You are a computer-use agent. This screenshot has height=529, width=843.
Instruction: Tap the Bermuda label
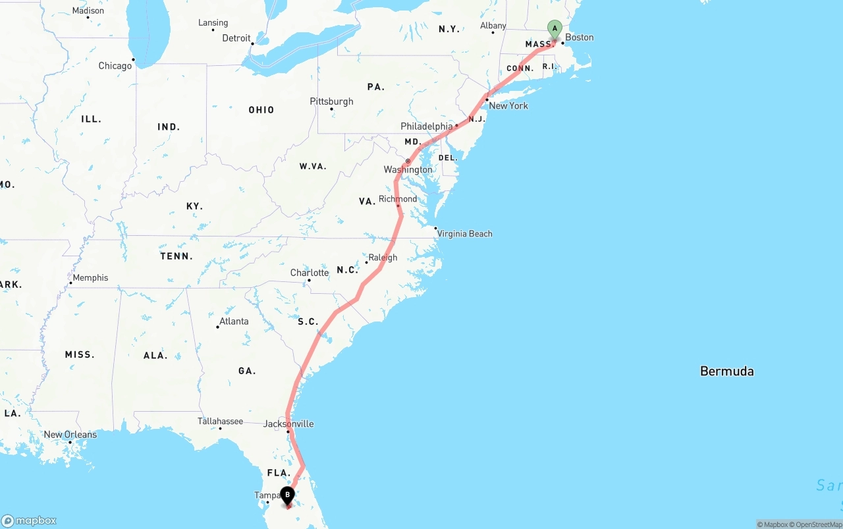(726, 372)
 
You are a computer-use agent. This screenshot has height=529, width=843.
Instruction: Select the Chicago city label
(115, 66)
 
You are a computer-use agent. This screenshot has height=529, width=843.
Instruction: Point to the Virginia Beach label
(464, 234)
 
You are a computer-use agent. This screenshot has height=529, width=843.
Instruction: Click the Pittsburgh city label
(331, 101)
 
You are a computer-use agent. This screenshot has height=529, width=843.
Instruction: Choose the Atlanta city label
(234, 321)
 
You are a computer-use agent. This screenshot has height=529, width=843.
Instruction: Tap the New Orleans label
(70, 435)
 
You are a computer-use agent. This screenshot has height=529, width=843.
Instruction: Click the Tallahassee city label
(220, 422)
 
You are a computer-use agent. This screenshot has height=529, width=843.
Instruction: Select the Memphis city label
(90, 278)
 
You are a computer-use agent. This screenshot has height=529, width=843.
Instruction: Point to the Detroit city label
(236, 38)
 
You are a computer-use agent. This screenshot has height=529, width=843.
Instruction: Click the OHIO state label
(261, 110)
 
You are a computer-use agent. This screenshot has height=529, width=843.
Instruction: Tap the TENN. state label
(177, 256)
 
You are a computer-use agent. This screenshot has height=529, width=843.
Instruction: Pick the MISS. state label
(80, 355)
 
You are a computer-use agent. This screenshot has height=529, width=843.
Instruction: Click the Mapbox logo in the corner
(29, 521)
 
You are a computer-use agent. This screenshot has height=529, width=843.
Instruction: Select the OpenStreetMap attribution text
(817, 524)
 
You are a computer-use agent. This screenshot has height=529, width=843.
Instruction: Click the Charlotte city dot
(309, 281)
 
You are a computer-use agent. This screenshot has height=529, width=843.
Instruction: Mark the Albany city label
(493, 26)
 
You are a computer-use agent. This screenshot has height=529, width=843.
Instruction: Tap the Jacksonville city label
(288, 424)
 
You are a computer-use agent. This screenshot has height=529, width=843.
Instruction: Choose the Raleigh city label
(383, 258)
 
